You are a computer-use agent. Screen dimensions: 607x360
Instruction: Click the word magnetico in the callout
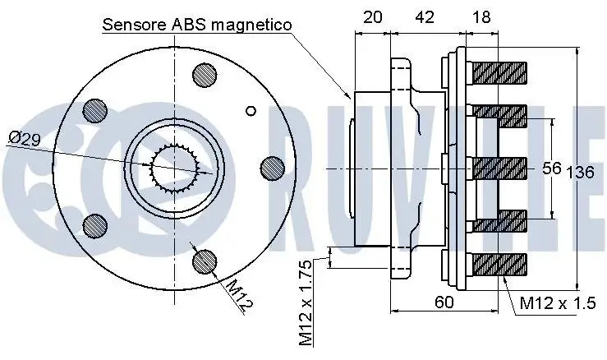pyautogui.click(x=251, y=25)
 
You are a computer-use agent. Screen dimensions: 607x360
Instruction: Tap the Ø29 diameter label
pyautogui.click(x=25, y=139)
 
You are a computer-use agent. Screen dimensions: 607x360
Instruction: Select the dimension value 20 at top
pyautogui.click(x=373, y=17)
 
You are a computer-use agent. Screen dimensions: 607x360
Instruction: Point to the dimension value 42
pyautogui.click(x=425, y=17)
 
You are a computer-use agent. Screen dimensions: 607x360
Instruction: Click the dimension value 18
pyautogui.click(x=481, y=17)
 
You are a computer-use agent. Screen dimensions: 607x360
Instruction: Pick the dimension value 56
pyautogui.click(x=552, y=168)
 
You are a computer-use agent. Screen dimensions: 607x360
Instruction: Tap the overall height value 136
pyautogui.click(x=580, y=172)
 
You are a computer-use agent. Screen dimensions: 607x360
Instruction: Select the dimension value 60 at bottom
pyautogui.click(x=444, y=302)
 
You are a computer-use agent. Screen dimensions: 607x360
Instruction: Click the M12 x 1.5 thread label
pyautogui.click(x=558, y=303)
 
